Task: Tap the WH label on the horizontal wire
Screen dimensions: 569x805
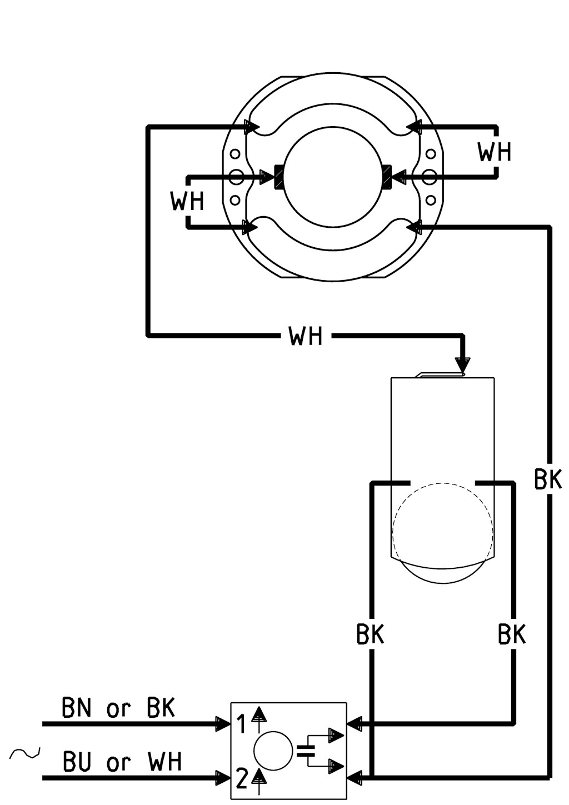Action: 305,336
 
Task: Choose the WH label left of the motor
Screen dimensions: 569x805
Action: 187,201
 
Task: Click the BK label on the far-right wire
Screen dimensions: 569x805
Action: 548,479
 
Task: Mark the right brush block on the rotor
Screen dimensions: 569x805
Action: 387,176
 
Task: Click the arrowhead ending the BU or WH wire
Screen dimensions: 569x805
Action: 223,777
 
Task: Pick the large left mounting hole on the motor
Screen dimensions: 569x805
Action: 236,177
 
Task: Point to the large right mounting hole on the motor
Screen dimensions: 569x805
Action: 430,177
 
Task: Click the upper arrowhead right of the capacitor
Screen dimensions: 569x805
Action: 336,734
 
